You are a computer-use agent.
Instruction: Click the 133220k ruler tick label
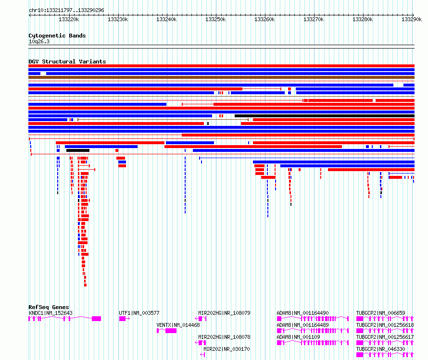68,20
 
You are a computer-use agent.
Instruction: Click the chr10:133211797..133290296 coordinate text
66,10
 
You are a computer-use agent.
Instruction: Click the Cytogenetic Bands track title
57,36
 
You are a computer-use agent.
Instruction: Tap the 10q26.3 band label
39,41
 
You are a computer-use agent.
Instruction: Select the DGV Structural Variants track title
67,62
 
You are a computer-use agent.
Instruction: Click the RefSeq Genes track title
49,307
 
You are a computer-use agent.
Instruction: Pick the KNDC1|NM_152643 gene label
50,313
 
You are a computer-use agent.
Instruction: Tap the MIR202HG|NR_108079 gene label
224,313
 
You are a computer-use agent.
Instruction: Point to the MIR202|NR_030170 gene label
227,349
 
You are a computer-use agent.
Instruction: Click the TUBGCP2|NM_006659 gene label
380,313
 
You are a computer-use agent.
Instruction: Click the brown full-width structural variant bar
221,77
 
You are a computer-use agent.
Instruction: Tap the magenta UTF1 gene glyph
124,319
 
